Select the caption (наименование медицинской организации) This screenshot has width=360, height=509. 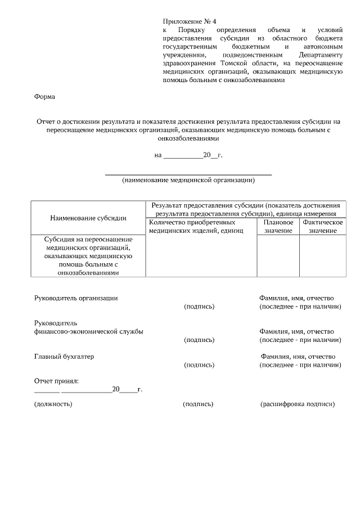(x=188, y=181)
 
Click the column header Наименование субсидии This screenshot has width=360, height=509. (x=88, y=218)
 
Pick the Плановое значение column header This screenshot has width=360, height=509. (x=278, y=227)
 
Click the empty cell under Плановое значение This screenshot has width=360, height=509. (x=278, y=255)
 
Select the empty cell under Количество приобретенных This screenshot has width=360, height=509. (x=201, y=255)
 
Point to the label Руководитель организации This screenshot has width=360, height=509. (x=76, y=298)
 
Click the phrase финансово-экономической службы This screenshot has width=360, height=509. (x=88, y=331)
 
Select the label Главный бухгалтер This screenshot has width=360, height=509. (x=64, y=357)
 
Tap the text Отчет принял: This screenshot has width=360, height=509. (x=56, y=381)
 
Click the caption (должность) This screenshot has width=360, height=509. (x=53, y=404)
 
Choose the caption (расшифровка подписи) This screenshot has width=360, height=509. (x=298, y=404)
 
